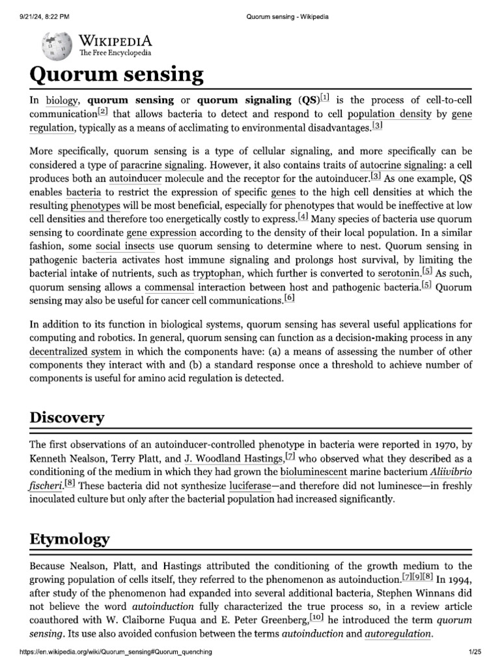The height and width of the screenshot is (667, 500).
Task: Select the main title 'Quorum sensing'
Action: point(117,75)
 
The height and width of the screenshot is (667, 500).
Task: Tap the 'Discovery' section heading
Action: point(67,418)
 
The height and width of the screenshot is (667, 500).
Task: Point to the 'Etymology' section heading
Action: point(70,539)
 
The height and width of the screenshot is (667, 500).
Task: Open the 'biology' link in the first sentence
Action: point(61,100)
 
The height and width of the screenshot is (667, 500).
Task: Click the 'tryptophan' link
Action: point(217,274)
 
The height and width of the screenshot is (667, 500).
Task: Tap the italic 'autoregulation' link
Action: point(398,634)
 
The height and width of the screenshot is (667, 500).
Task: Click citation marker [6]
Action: point(289,298)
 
